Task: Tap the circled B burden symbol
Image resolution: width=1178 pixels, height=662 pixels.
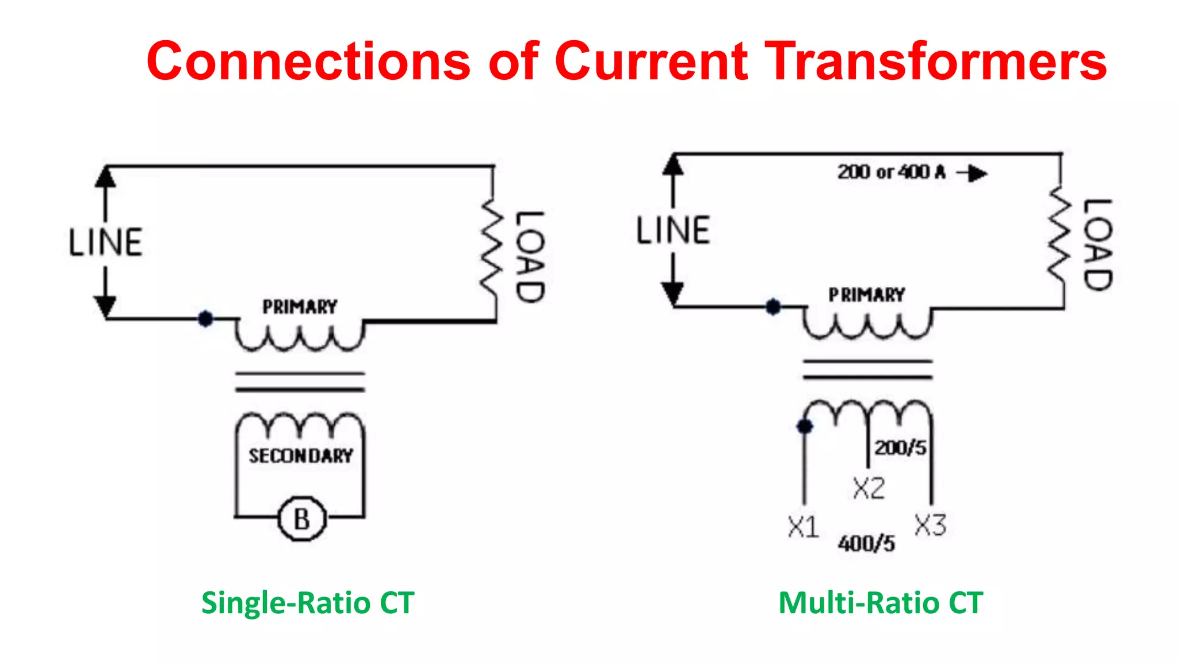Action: click(302, 519)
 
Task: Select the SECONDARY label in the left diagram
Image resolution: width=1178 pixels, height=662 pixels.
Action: click(301, 456)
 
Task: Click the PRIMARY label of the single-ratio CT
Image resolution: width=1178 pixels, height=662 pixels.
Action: click(300, 307)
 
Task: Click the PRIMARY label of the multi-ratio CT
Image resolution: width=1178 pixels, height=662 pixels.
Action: click(867, 295)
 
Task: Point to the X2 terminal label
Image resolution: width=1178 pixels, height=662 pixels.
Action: click(869, 488)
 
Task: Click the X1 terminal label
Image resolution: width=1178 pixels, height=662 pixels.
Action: click(804, 527)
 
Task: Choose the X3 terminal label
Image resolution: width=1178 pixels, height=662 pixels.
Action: click(930, 525)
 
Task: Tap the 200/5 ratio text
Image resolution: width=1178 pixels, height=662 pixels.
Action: click(901, 448)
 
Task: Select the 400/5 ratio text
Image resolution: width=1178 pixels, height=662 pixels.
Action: click(866, 543)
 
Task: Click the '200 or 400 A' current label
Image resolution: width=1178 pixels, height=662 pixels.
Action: click(891, 172)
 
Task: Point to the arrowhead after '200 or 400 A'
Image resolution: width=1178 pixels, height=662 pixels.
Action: click(976, 173)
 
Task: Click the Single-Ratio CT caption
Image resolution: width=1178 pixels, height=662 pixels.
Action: click(308, 603)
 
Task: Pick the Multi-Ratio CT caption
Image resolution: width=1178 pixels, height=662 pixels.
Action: click(881, 603)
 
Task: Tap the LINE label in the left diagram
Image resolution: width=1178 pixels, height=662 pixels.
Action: click(106, 242)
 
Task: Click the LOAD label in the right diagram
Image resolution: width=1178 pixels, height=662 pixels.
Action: click(1097, 245)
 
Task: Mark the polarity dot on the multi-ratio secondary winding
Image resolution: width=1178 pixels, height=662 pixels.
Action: click(805, 426)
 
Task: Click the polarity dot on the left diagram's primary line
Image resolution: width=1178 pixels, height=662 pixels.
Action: click(205, 318)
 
